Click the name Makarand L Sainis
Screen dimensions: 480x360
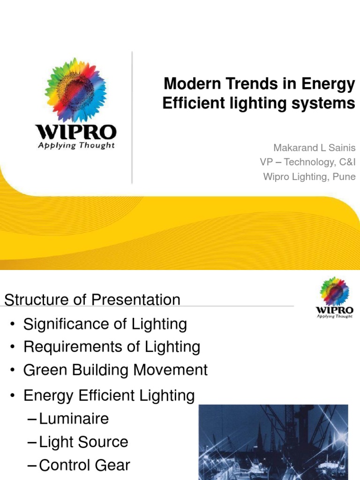pyautogui.click(x=315, y=148)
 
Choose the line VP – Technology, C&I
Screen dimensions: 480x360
pyautogui.click(x=308, y=162)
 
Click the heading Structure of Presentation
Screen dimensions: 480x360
pyautogui.click(x=92, y=300)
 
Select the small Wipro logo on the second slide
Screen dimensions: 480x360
pyautogui.click(x=334, y=297)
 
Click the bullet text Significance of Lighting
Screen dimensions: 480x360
pyautogui.click(x=105, y=324)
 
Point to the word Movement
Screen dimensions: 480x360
pyautogui.click(x=170, y=370)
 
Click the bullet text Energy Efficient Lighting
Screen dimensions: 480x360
pyautogui.click(x=109, y=396)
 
